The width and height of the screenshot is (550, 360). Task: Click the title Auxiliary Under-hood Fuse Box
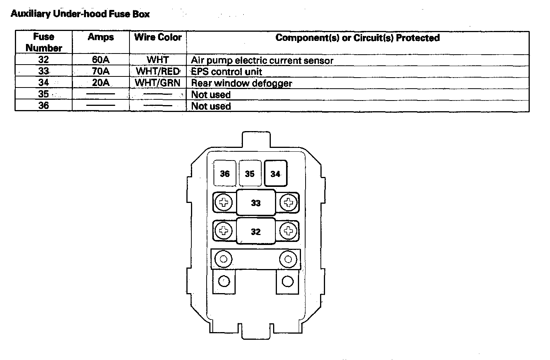[x=80, y=15]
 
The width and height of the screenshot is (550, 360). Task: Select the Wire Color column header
[x=158, y=37]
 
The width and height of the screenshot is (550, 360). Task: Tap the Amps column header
[x=101, y=37]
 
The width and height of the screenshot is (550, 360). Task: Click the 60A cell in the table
[x=101, y=60]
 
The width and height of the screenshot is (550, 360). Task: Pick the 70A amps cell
[x=101, y=71]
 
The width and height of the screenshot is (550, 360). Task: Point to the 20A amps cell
[x=101, y=83]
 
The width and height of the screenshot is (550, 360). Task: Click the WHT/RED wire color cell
[x=158, y=71]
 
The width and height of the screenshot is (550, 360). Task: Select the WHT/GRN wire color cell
[x=158, y=83]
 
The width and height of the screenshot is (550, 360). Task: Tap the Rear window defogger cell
[x=241, y=83]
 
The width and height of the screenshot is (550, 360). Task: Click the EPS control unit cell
[x=226, y=72]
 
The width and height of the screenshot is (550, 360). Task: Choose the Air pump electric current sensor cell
[x=262, y=60]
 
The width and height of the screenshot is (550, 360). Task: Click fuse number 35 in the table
[x=44, y=94]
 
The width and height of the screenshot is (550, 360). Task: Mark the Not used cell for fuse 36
[x=211, y=106]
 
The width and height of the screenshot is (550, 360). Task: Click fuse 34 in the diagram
[x=275, y=174]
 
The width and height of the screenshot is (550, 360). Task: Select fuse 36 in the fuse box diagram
[x=225, y=174]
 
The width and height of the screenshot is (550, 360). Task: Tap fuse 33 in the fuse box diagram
[x=256, y=203]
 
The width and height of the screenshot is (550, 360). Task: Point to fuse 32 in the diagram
[x=256, y=232]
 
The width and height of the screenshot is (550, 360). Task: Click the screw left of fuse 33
[x=224, y=203]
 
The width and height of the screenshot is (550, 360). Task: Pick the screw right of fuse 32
[x=288, y=231]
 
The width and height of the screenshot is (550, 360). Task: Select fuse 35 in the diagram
[x=250, y=174]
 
